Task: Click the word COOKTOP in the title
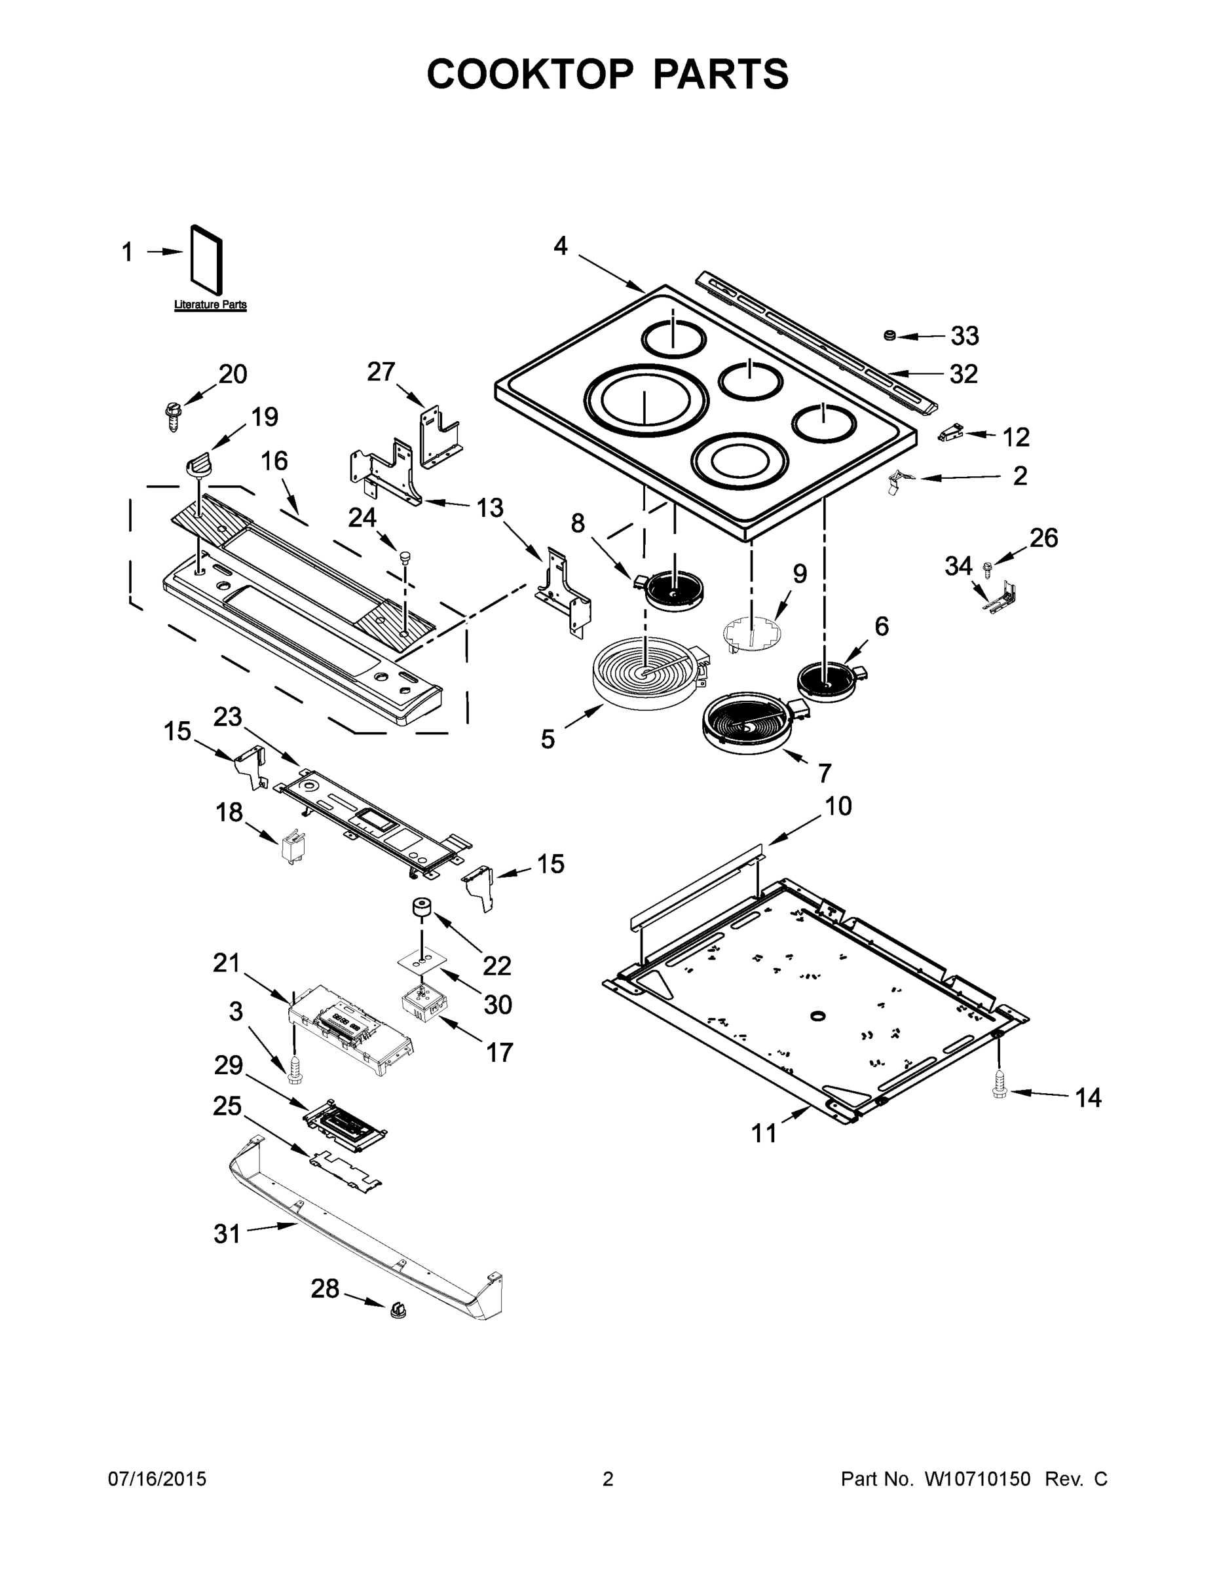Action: point(531,74)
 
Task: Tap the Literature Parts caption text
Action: point(210,305)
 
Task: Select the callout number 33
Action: point(965,335)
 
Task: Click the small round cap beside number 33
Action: point(890,335)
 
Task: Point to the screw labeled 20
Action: point(172,415)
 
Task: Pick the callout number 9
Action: point(800,574)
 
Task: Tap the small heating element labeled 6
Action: point(827,679)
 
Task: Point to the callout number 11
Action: point(764,1134)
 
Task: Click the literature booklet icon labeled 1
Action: point(206,265)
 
